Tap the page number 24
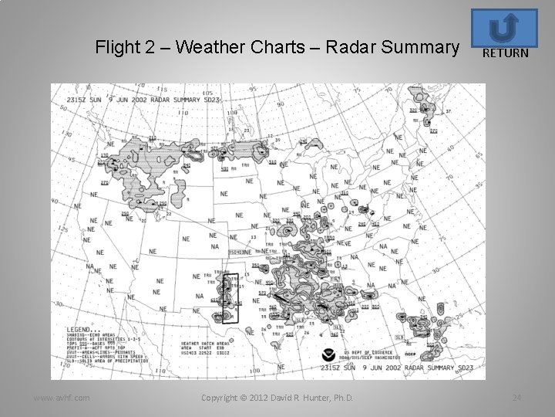click(x=516, y=398)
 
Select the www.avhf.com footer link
click(x=61, y=398)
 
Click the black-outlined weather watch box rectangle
click(x=230, y=297)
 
